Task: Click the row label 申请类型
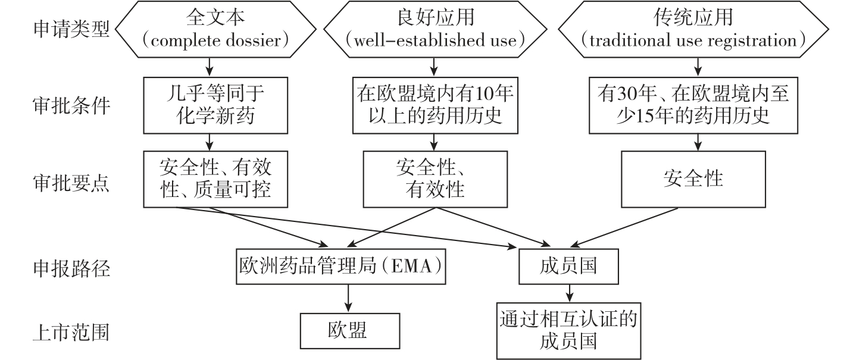pos(71,30)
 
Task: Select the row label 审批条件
pos(71,107)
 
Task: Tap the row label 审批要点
pos(71,184)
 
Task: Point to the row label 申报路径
pos(71,269)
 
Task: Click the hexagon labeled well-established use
pos(434,30)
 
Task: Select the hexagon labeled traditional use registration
pos(693,30)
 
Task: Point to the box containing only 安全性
pos(693,179)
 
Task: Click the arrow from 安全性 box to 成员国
pos(631,227)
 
